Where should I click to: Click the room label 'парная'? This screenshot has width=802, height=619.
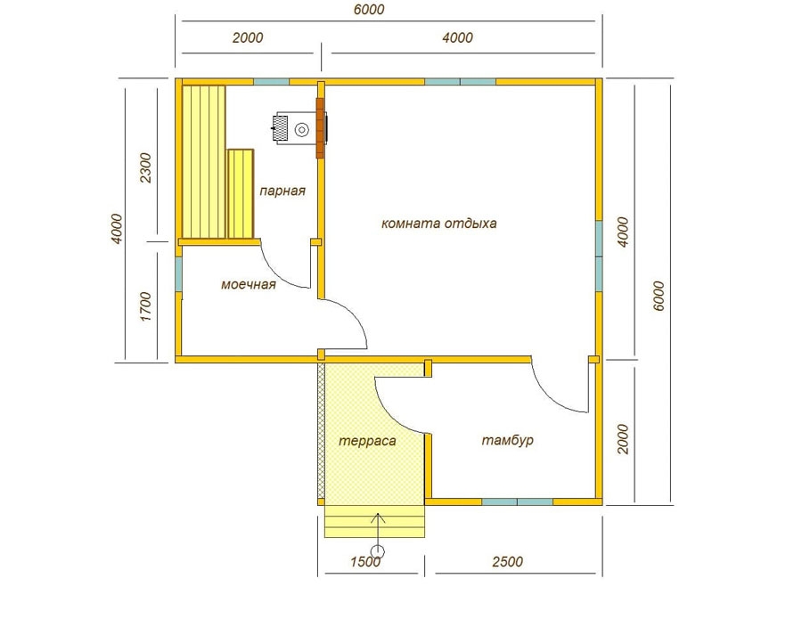coord(282,191)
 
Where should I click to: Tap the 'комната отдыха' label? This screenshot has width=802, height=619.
coord(438,224)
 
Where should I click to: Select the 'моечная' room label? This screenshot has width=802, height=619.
coord(249,285)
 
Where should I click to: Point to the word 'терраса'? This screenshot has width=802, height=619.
coord(367,441)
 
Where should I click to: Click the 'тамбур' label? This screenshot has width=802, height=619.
coord(507,440)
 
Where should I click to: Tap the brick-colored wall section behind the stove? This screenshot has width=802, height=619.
coord(321,127)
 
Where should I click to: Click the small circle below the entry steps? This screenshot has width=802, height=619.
coord(378,551)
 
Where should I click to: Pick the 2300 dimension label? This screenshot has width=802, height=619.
coord(146,167)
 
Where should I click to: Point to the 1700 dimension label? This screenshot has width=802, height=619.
coord(146,306)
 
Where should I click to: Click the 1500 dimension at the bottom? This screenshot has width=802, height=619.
coord(365,562)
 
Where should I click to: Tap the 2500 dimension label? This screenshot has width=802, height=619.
coord(507,562)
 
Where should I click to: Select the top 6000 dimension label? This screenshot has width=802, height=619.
coord(369,10)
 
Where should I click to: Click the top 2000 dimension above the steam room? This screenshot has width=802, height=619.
coord(248,37)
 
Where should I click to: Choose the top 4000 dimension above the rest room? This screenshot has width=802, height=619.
coord(457,37)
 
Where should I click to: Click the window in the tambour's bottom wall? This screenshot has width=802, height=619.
coord(518,502)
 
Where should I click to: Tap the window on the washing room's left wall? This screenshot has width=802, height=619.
coord(178,274)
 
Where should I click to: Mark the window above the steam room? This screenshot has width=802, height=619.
coord(272,82)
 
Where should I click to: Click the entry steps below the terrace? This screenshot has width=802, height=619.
coord(375,521)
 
